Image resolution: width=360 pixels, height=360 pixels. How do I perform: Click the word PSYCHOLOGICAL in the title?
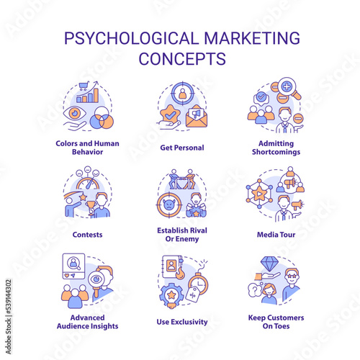click(131, 38)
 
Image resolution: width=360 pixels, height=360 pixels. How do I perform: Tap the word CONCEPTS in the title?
click(182, 58)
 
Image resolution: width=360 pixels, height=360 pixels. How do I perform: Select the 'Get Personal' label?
click(182, 148)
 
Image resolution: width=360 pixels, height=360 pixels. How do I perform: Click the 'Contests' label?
click(87, 235)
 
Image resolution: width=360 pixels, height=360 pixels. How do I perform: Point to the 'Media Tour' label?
click(276, 235)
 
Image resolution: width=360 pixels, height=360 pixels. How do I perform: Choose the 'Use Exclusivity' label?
click(182, 322)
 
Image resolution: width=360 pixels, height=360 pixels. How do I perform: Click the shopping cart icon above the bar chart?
click(84, 86)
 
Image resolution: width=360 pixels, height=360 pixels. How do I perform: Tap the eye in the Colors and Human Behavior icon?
click(75, 113)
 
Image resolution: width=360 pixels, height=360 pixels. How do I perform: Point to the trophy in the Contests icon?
click(91, 207)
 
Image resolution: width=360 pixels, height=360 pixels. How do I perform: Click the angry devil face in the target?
click(169, 205)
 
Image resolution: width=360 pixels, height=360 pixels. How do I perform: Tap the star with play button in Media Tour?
click(258, 194)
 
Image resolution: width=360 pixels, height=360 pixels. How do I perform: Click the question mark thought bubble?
click(255, 290)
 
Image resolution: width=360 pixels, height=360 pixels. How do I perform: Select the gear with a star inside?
click(171, 295)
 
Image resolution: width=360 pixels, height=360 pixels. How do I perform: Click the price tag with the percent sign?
click(193, 294)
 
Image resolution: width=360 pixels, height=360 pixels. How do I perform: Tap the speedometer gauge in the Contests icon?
click(88, 184)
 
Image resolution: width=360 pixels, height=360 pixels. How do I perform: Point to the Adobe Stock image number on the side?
click(9, 316)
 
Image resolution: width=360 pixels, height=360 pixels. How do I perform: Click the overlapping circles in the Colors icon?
click(102, 117)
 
